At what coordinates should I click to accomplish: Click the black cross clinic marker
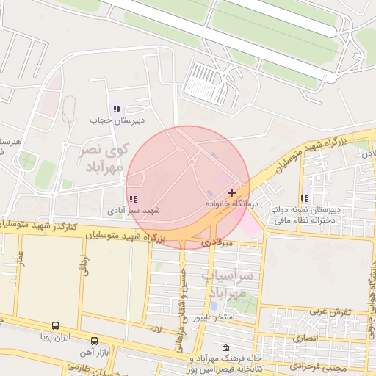(232, 192)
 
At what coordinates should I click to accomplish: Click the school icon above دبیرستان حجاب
(117, 109)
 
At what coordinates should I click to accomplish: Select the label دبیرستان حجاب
(117, 119)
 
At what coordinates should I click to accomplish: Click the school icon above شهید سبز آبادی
(131, 199)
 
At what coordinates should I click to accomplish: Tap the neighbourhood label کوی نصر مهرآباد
(104, 156)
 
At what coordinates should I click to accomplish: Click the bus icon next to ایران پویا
(56, 325)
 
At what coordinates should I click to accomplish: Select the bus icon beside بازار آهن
(94, 341)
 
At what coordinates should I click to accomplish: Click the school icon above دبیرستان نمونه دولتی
(304, 198)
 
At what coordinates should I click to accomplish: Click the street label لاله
(153, 330)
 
